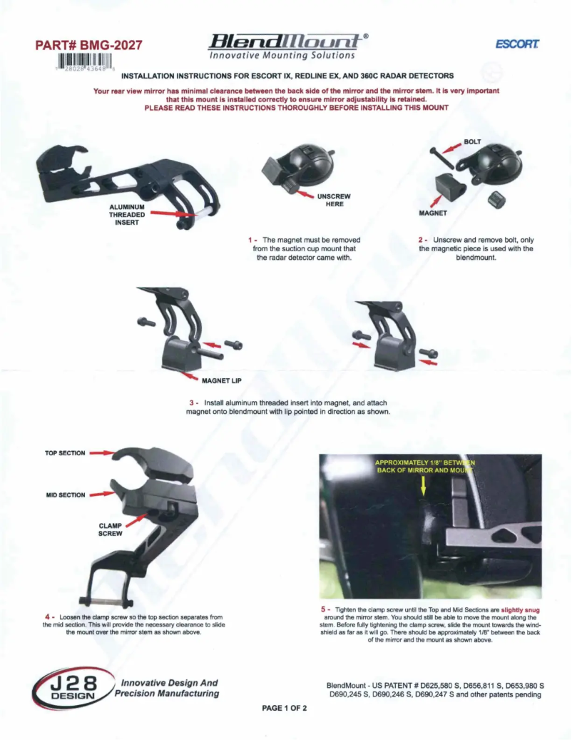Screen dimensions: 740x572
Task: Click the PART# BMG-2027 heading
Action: (88, 46)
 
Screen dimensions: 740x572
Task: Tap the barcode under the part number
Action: (83, 62)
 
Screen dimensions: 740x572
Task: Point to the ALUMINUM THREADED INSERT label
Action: (127, 214)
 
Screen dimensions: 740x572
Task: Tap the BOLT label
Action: (473, 142)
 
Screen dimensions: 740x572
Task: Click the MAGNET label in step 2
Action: (432, 213)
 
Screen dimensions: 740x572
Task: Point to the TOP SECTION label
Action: (65, 453)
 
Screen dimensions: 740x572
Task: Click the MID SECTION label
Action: (66, 495)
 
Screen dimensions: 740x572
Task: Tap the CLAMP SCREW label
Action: (111, 529)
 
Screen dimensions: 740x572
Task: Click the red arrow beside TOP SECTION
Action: (103, 453)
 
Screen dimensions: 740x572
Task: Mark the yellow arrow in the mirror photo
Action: (424, 485)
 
